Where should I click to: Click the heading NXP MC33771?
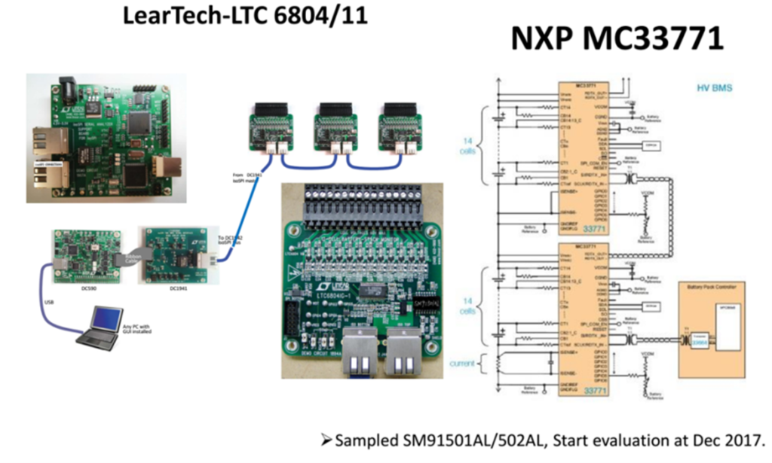(617, 39)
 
